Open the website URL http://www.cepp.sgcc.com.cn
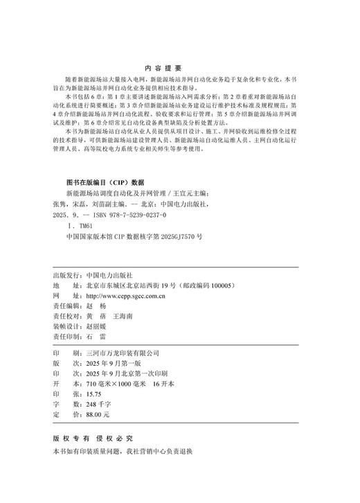coord(125,295)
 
